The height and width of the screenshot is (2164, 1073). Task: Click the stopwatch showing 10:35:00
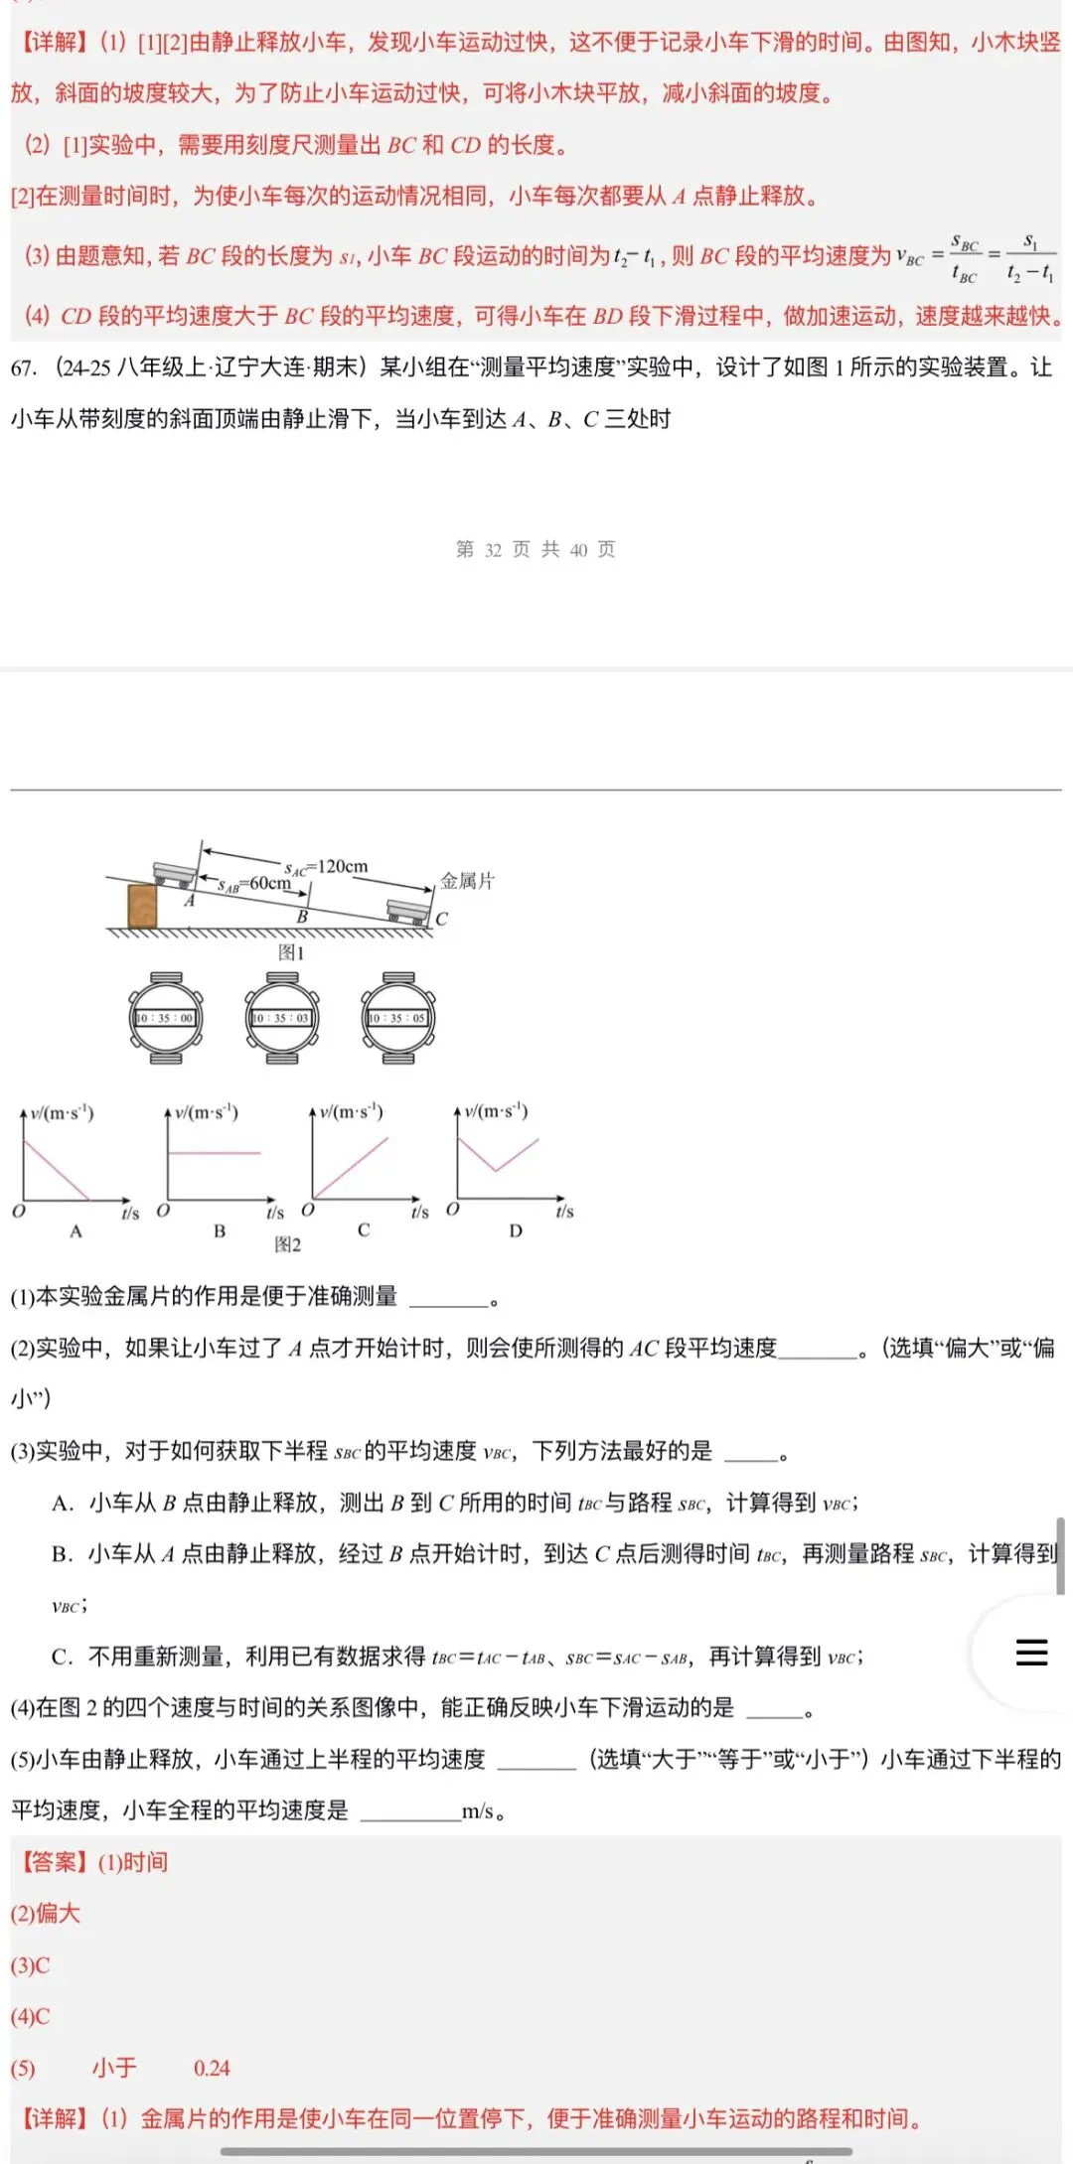[x=166, y=1018]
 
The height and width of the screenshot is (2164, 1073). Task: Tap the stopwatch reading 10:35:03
[x=282, y=1018]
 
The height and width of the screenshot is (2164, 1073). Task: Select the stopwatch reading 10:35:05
[x=397, y=1018]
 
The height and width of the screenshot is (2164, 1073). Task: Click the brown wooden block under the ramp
[x=142, y=906]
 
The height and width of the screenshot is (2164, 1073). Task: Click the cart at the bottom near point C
[x=408, y=911]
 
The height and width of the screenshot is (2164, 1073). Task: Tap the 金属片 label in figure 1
[x=467, y=881]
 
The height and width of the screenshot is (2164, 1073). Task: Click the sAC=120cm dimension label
[x=326, y=867]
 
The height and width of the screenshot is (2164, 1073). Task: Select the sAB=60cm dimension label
[x=255, y=884]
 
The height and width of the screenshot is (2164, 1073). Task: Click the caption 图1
[x=290, y=952]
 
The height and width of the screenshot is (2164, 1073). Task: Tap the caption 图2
[x=287, y=1244]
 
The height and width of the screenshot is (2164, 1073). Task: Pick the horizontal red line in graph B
[x=214, y=1153]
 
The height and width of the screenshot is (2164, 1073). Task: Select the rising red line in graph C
[x=352, y=1167]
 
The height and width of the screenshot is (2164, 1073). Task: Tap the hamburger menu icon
[x=1031, y=1652]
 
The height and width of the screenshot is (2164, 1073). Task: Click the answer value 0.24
[x=212, y=2068]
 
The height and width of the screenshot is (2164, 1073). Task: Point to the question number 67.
[x=23, y=367]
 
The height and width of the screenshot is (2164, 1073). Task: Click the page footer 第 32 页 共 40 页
[x=536, y=549]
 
